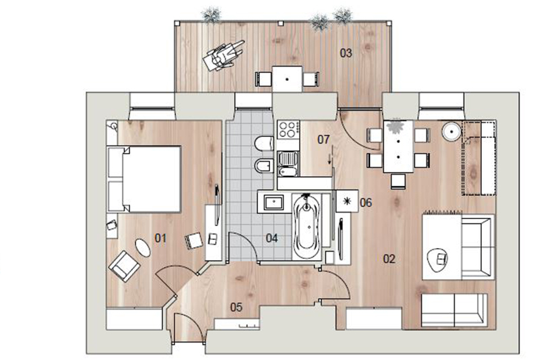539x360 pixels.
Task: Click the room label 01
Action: pyautogui.click(x=160, y=238)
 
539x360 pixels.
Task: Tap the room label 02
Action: pyautogui.click(x=389, y=259)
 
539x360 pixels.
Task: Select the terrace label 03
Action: pyautogui.click(x=346, y=53)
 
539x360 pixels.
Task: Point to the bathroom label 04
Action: pyautogui.click(x=272, y=238)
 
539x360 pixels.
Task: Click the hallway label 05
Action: pyautogui.click(x=236, y=307)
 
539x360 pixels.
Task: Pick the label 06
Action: pyautogui.click(x=366, y=202)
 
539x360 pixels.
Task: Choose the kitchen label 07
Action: pyautogui.click(x=323, y=140)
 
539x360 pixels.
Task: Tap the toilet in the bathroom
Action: pyautogui.click(x=264, y=144)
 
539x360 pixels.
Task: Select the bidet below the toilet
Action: pyautogui.click(x=264, y=167)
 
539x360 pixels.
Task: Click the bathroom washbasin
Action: pyautogui.click(x=274, y=202)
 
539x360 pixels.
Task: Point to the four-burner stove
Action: pyautogui.click(x=288, y=129)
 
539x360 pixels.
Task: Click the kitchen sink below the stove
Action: pyautogui.click(x=288, y=164)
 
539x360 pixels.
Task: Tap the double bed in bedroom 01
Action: pyautogui.click(x=144, y=179)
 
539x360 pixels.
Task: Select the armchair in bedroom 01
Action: pyautogui.click(x=124, y=266)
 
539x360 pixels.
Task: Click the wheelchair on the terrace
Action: pyautogui.click(x=223, y=55)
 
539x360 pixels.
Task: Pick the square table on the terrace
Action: pyautogui.click(x=288, y=79)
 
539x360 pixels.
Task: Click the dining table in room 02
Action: pyautogui.click(x=398, y=146)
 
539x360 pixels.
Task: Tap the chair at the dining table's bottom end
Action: pyautogui.click(x=398, y=181)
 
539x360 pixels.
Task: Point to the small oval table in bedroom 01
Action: pyautogui.click(x=143, y=247)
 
